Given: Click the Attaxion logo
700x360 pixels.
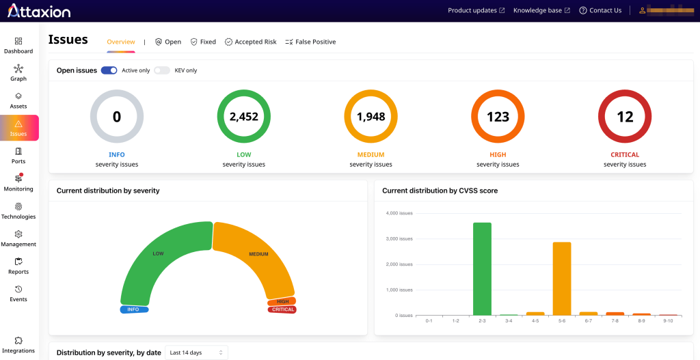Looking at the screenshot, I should pyautogui.click(x=39, y=10).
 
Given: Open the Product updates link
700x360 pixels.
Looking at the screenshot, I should pyautogui.click(x=476, y=10).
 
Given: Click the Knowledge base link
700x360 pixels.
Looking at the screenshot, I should pyautogui.click(x=541, y=10).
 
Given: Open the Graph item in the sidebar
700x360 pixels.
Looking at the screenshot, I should pyautogui.click(x=18, y=73).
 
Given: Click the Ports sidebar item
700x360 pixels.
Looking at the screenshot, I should pyautogui.click(x=18, y=156).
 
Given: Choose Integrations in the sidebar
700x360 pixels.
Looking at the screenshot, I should pyautogui.click(x=18, y=345).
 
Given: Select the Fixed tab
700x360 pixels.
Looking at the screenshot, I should pyautogui.click(x=203, y=42).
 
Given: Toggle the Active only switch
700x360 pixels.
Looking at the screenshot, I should pyautogui.click(x=109, y=70).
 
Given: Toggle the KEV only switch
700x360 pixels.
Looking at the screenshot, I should pyautogui.click(x=161, y=70).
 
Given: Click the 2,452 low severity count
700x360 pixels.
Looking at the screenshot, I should pyautogui.click(x=243, y=117).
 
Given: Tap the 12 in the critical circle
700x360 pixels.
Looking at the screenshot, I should pyautogui.click(x=625, y=117).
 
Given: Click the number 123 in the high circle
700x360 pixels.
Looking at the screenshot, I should pyautogui.click(x=498, y=117).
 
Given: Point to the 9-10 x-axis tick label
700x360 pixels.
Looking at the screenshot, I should pyautogui.click(x=668, y=320).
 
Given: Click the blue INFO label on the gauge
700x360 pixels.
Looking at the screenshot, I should pyautogui.click(x=133, y=309).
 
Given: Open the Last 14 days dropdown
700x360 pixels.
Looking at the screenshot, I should pyautogui.click(x=196, y=352).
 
